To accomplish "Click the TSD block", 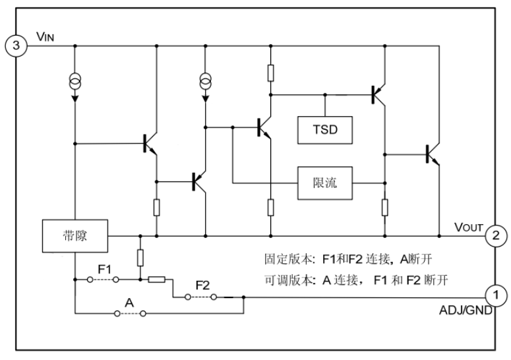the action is coord(325,130).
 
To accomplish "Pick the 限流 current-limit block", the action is coord(325,183).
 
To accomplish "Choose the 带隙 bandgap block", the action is coord(75,236).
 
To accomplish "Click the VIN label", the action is coord(45,36).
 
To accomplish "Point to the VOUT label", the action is coord(468,227).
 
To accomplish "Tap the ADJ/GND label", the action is coord(466,310).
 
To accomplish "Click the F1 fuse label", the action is coord(105,269).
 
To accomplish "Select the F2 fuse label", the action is coord(202,285).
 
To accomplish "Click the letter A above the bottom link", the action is coord(129,303).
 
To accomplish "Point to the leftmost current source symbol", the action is coord(75,82).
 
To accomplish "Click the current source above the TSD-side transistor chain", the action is coord(205,82).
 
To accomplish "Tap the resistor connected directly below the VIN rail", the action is coord(270,73).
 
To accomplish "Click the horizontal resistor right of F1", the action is coord(157,280).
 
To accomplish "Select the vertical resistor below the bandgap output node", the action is coord(140,258).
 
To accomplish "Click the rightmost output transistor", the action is coord(433,154).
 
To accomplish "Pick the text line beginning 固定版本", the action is coord(348,259).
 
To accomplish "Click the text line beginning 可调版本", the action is coord(356,280).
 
